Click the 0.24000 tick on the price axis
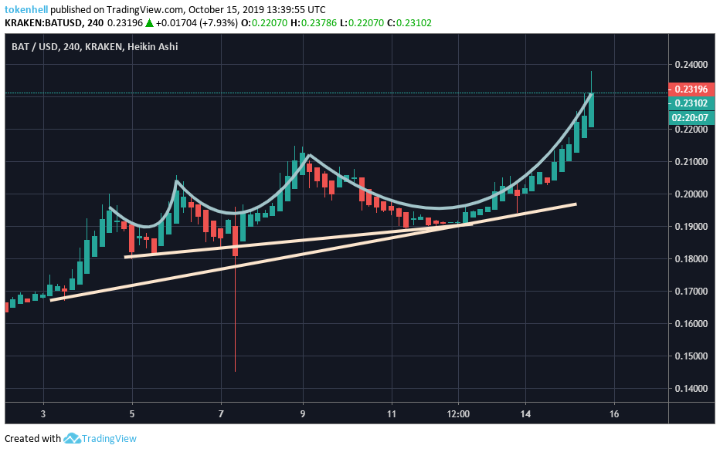coord(689,65)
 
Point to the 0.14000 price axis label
coord(689,389)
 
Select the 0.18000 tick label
coord(689,259)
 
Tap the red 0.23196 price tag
coord(689,89)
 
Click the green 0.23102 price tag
coord(689,103)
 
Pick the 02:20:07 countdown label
coord(689,117)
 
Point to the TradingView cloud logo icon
coord(72,439)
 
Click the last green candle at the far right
coord(591,110)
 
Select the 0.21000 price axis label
coord(689,162)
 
